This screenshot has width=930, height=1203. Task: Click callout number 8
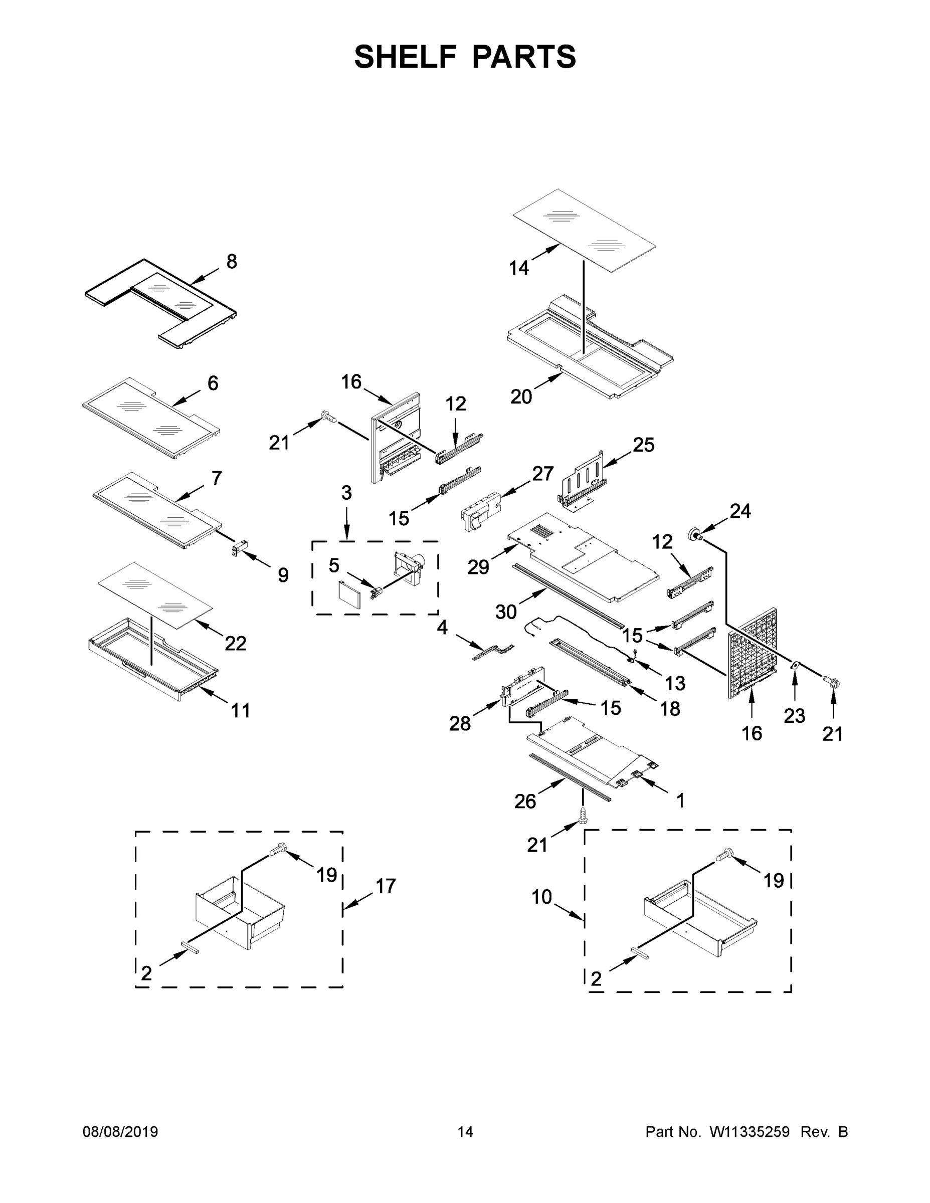pos(232,262)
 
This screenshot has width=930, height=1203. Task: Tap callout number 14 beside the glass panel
pos(518,268)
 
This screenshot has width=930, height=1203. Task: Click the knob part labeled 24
pos(695,533)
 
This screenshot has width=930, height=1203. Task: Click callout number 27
pos(542,473)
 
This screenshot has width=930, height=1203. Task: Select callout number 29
pos(478,566)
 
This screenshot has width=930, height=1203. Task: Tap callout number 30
pos(506,612)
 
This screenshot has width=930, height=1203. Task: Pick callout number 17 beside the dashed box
pos(386,886)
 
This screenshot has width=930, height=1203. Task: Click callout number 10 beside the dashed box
pos(541,897)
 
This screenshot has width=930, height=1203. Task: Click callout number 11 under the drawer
pos(240,711)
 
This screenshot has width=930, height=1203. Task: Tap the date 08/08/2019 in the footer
pos(120,1132)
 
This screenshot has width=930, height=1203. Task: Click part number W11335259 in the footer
pos(750,1132)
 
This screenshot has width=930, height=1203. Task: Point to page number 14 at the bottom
pos(465,1132)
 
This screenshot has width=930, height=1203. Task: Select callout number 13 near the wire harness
pos(675,683)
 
